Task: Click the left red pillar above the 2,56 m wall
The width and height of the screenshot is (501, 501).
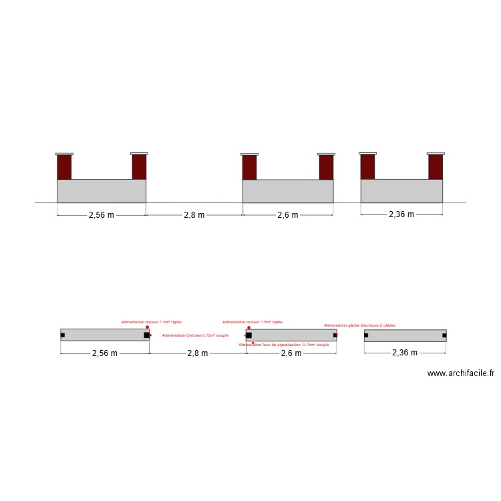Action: click(x=64, y=167)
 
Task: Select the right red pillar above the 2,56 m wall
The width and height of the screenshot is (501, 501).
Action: click(x=139, y=167)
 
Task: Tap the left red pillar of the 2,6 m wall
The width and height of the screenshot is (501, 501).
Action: click(x=249, y=168)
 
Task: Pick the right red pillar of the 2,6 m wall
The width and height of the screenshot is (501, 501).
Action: click(x=326, y=168)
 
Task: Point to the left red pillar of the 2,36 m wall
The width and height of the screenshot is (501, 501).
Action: click(x=367, y=166)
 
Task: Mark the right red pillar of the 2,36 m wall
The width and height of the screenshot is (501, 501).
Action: click(x=436, y=166)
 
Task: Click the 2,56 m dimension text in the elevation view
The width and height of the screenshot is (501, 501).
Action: click(x=101, y=215)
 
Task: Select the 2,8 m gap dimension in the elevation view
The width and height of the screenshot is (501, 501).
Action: click(x=194, y=215)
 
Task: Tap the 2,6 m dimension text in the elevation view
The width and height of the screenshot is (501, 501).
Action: click(x=288, y=215)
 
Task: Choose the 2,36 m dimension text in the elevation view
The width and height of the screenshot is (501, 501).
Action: click(x=401, y=214)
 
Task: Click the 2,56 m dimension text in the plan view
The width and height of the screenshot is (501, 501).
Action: click(x=104, y=353)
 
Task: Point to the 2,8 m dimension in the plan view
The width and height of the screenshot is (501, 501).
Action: click(x=197, y=353)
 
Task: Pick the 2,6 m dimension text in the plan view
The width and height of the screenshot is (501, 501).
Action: click(x=291, y=353)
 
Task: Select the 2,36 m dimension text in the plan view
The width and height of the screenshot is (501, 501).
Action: click(x=405, y=352)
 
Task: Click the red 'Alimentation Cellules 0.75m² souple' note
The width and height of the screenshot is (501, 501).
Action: click(x=195, y=335)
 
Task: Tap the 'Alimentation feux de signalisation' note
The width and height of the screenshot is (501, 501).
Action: click(x=284, y=345)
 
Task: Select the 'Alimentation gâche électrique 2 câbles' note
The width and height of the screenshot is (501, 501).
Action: click(x=359, y=325)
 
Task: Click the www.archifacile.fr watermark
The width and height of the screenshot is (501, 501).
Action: click(x=460, y=374)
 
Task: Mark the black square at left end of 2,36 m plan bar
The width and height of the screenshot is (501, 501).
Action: click(x=366, y=335)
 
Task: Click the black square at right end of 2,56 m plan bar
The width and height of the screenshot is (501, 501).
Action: click(x=146, y=335)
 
